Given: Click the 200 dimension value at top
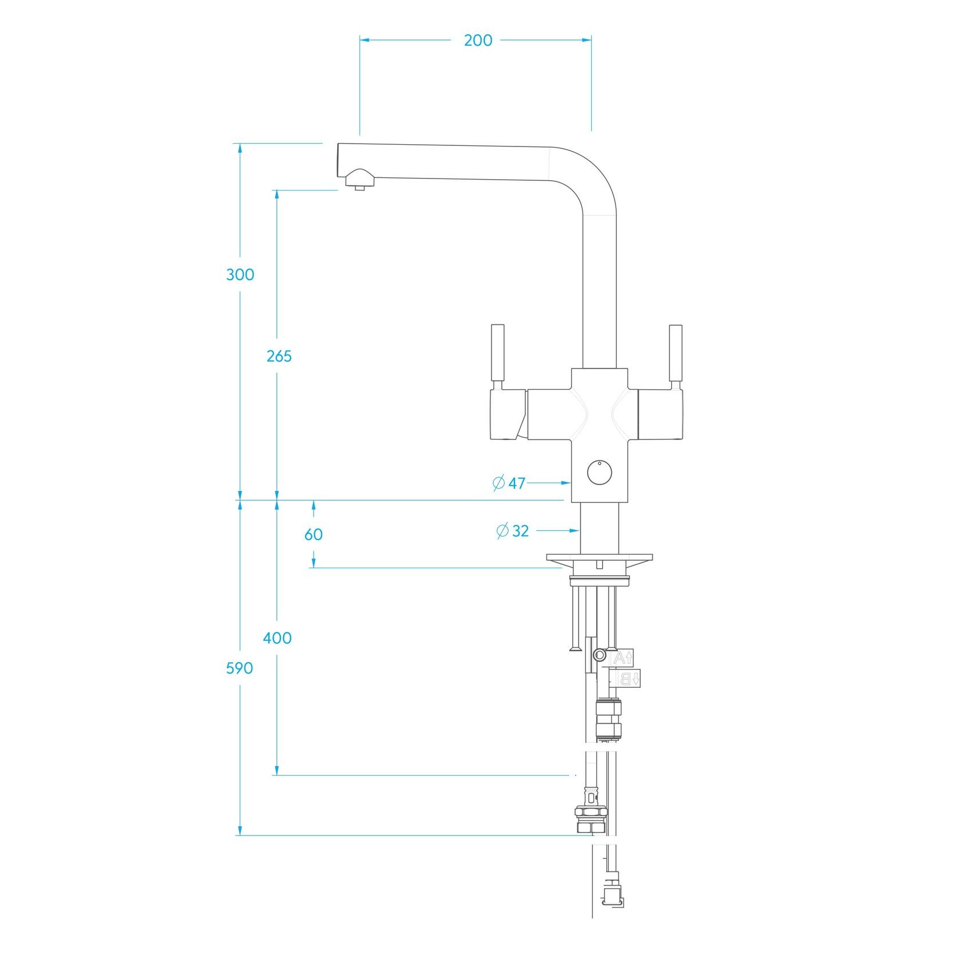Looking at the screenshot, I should point(478,41).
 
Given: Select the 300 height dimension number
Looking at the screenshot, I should point(240,275).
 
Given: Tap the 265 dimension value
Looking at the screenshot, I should point(279,356).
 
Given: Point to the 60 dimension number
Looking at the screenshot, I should point(313,534).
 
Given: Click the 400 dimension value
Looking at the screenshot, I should point(277,638).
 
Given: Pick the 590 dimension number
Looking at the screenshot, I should point(239,668).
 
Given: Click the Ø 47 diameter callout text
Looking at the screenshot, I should point(509,483).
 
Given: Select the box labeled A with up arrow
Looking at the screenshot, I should point(623,658).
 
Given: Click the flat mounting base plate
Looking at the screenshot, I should point(599,557).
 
